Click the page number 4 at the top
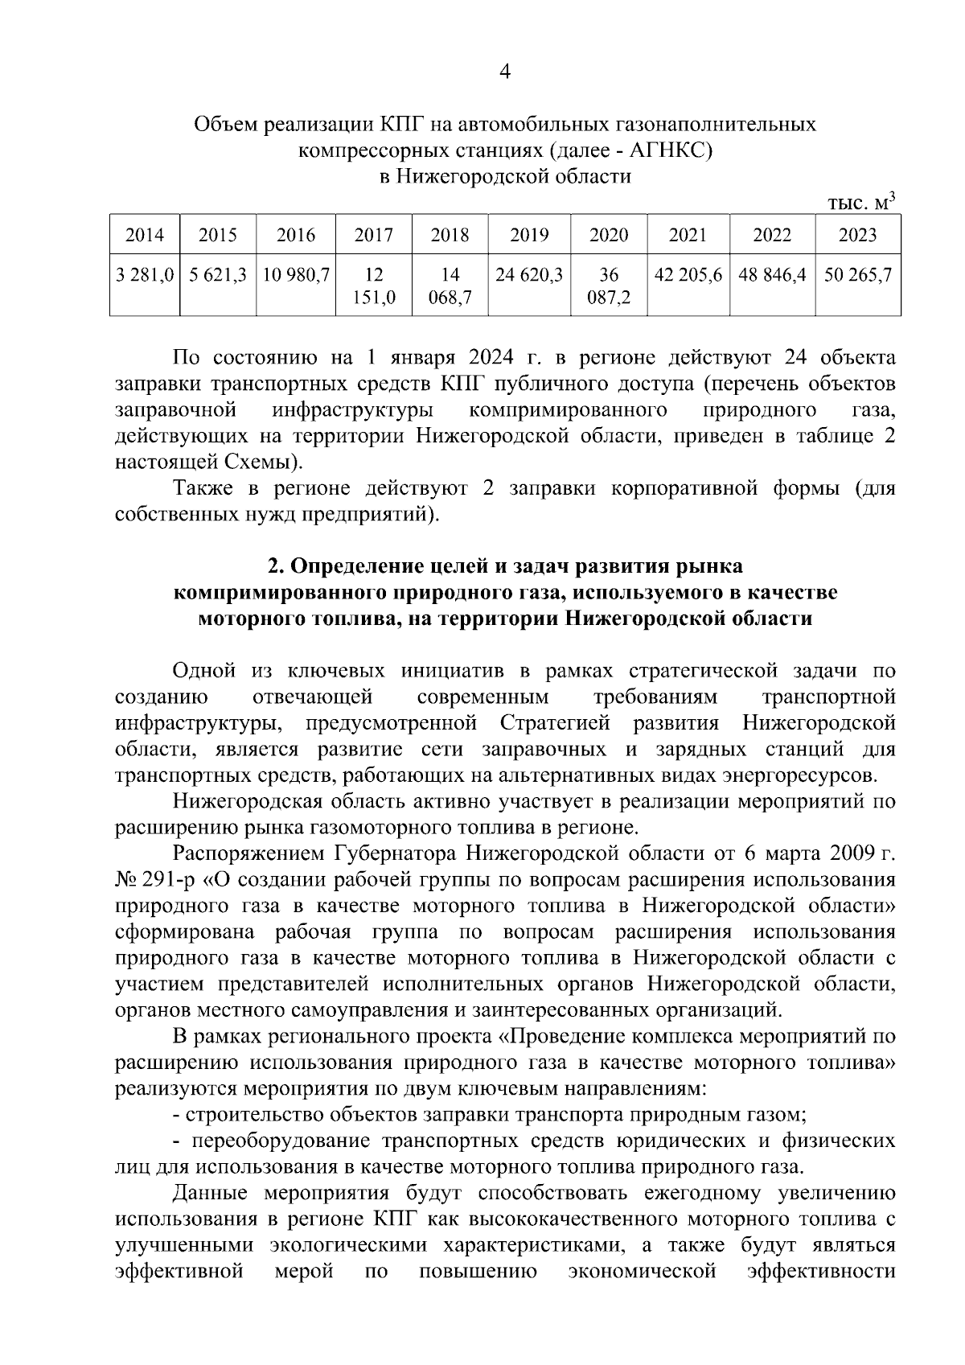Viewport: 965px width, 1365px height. (505, 72)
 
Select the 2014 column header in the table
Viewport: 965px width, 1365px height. (145, 236)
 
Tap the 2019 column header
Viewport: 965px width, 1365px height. (529, 236)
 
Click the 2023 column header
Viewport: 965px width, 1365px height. (857, 236)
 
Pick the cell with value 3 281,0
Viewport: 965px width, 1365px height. (145, 275)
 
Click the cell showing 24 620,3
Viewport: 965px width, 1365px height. (529, 275)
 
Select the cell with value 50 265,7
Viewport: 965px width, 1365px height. (857, 275)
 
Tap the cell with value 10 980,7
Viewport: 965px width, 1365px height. (296, 275)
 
